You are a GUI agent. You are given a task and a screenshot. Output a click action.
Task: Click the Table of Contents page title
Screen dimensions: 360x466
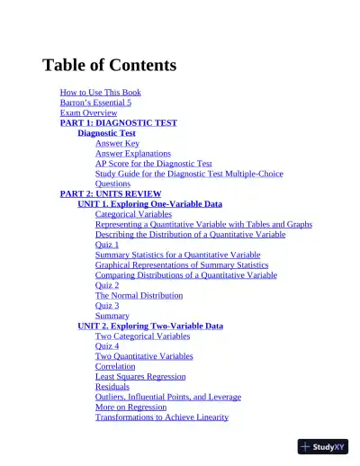tap(109, 66)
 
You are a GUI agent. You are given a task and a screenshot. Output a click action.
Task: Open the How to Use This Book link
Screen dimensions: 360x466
tap(100, 93)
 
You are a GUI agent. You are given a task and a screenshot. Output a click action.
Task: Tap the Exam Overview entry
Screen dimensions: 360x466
tap(88, 113)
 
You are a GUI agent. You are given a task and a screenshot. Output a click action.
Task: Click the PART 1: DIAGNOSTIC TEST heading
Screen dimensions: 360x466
tap(118, 123)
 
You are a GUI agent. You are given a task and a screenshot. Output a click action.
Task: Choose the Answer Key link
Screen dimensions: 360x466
tap(117, 143)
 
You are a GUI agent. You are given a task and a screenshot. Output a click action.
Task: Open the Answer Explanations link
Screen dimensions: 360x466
tap(132, 154)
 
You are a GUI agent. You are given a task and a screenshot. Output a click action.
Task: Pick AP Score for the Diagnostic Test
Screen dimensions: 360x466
tap(153, 164)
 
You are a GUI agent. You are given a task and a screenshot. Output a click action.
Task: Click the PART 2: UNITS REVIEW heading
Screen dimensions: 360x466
tap(110, 193)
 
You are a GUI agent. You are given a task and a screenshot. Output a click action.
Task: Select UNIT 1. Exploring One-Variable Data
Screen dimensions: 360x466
tap(149, 204)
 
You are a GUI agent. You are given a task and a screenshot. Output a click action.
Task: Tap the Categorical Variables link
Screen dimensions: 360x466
tap(133, 214)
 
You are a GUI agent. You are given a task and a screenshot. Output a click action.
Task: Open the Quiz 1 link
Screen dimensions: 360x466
tap(107, 245)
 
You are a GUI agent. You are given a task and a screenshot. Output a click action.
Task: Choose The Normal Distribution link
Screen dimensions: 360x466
tap(139, 295)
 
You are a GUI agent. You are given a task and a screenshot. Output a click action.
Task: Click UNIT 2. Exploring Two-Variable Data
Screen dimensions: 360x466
tap(149, 326)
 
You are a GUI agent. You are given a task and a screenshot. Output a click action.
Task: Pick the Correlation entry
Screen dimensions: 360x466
tap(115, 366)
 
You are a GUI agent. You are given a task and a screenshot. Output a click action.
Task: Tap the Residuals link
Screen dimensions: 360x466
tap(112, 387)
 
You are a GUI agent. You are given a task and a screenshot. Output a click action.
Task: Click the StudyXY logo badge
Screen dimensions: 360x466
tap(322, 446)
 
